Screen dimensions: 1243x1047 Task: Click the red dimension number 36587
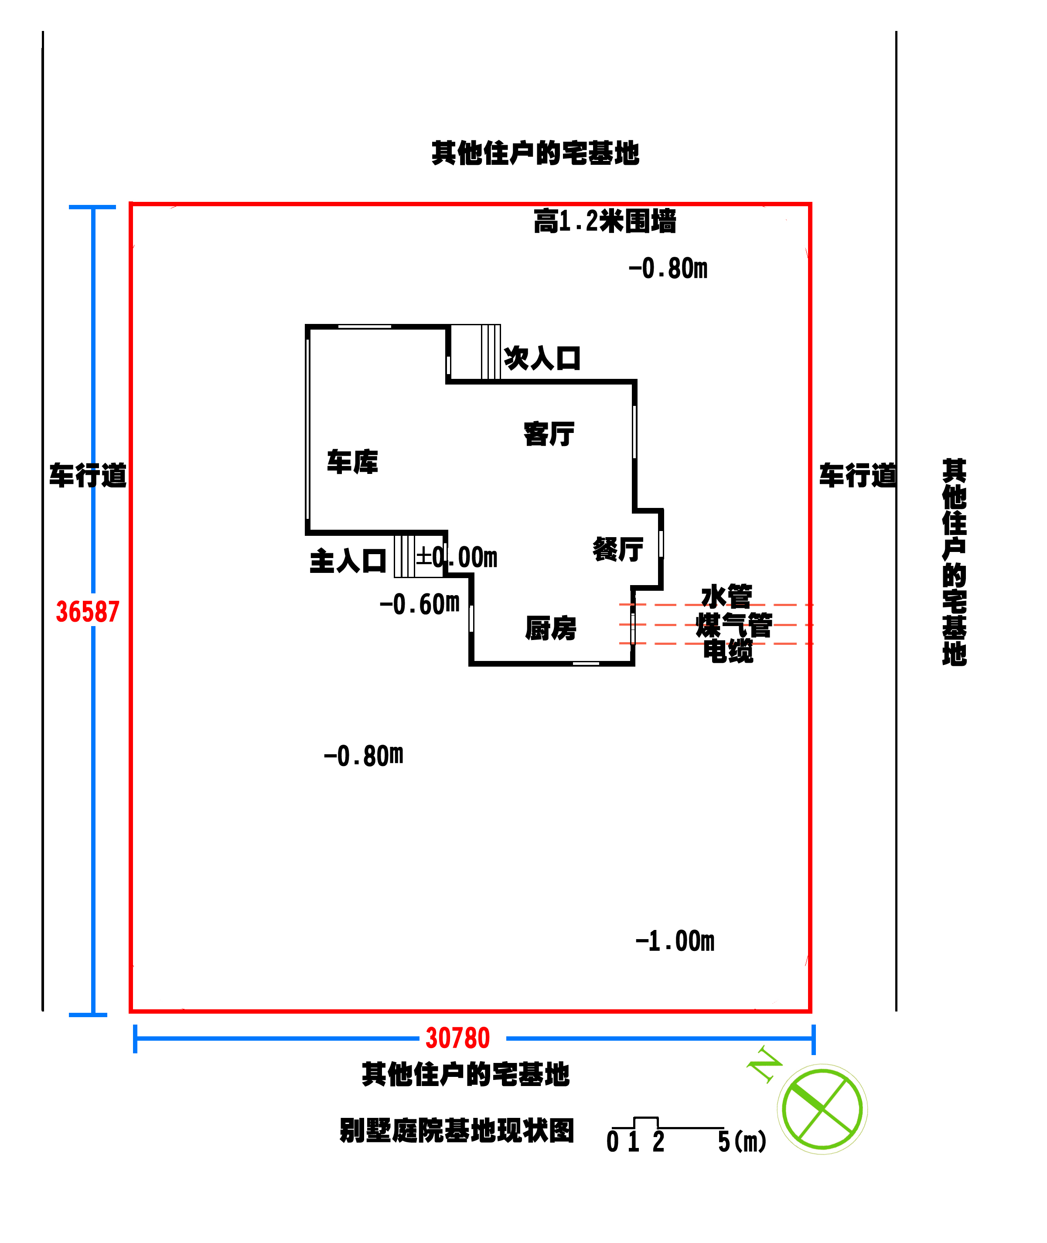88,612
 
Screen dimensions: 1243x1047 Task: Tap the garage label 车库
352,462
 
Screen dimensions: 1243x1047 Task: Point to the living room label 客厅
549,434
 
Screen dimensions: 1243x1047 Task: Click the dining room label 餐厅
618,549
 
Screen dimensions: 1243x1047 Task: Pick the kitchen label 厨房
551,628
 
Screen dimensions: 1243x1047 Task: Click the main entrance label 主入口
348,561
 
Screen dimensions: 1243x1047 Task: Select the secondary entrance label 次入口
542,358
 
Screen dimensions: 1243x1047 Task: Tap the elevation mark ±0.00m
457,557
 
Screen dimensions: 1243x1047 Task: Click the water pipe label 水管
726,596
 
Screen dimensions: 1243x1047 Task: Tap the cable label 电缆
728,651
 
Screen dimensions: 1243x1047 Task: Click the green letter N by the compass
764,1064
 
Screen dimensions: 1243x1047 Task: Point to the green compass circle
822,1109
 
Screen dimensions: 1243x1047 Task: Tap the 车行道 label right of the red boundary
857,476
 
